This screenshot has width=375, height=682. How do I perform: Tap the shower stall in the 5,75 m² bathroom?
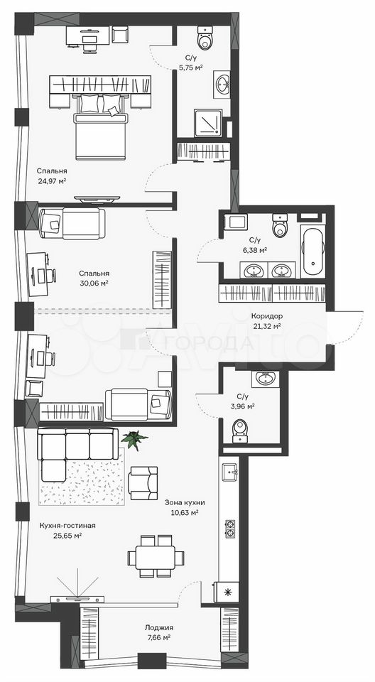click(x=208, y=123)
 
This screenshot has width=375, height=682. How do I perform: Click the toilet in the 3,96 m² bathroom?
click(x=240, y=431)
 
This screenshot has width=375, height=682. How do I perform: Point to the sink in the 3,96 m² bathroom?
click(x=263, y=379)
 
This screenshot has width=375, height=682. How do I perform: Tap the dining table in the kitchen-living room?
click(x=156, y=556)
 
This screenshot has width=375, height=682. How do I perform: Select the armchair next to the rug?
click(x=143, y=483)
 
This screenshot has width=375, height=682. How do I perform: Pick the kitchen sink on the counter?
click(x=230, y=471)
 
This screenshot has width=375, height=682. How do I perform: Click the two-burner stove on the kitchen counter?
click(x=229, y=529)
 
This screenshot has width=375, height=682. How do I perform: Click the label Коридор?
click(x=267, y=316)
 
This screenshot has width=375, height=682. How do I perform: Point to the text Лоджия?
click(x=159, y=627)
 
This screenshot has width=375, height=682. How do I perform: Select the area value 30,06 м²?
click(x=94, y=283)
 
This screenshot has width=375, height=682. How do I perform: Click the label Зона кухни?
click(x=185, y=503)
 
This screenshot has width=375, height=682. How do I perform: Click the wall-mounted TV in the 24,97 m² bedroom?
click(x=97, y=199)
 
